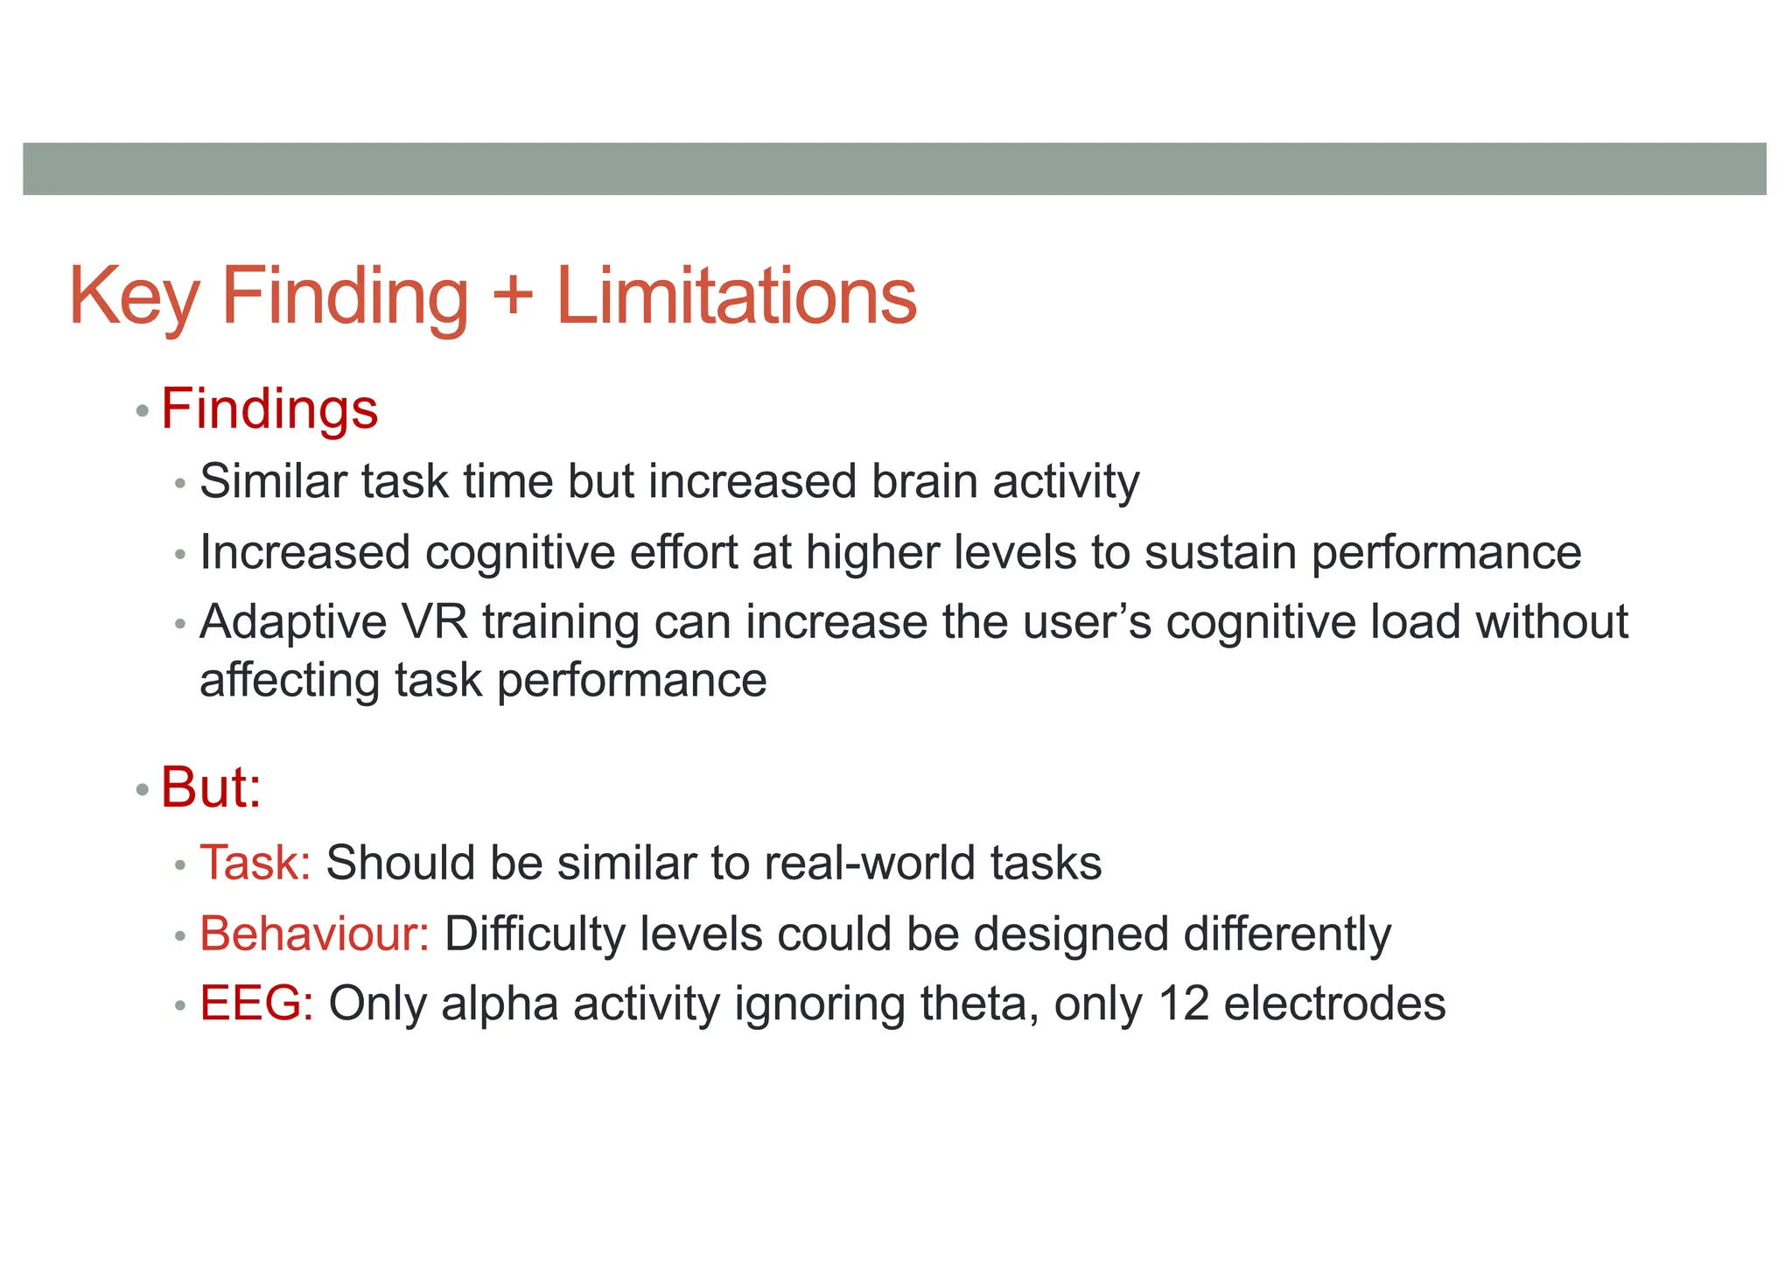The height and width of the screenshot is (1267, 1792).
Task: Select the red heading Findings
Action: tap(269, 409)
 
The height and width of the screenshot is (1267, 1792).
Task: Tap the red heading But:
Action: tap(211, 787)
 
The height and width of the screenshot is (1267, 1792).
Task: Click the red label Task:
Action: tap(255, 863)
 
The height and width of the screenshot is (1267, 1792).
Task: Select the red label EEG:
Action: tap(256, 1003)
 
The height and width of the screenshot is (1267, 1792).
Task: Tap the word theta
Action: tap(979, 1003)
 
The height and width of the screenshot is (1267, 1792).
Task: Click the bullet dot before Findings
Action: tap(143, 411)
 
